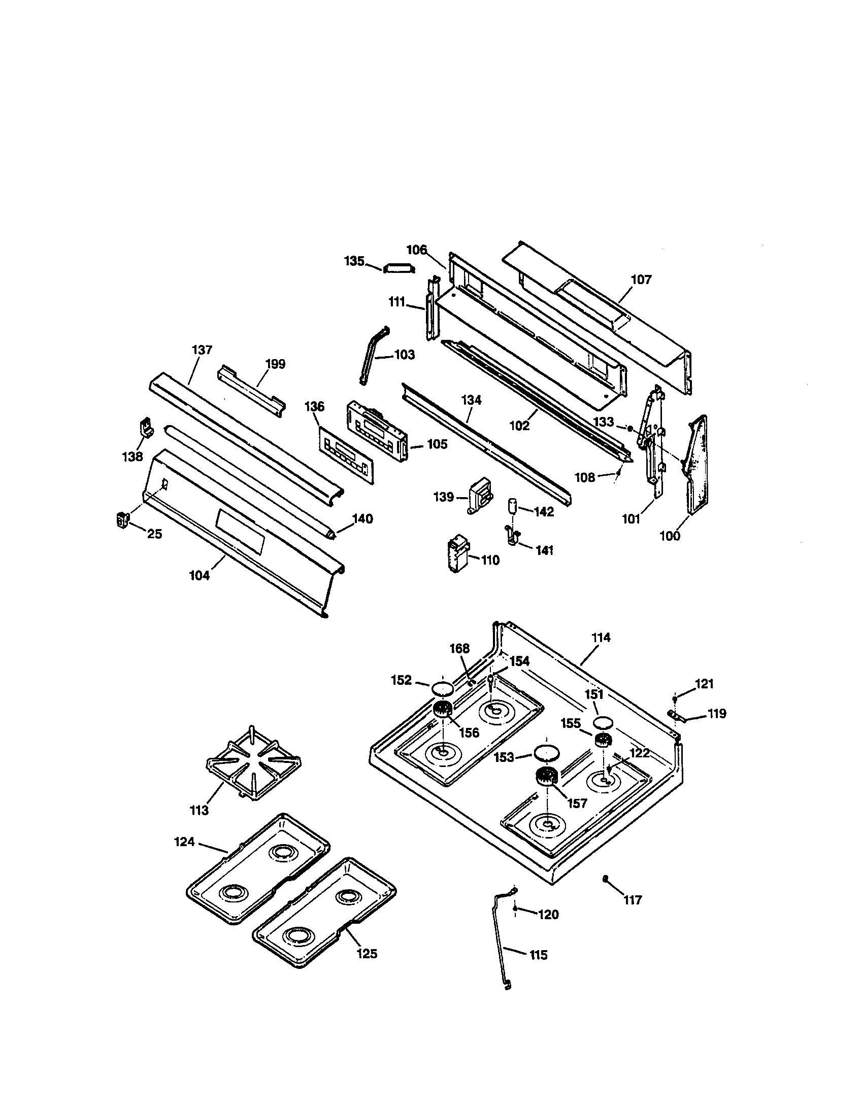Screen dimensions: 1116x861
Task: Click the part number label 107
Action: [641, 280]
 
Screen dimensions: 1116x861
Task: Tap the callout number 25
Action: [154, 534]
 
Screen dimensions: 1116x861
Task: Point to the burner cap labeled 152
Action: [443, 688]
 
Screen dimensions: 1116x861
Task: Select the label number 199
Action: [276, 364]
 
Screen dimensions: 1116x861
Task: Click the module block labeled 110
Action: [457, 553]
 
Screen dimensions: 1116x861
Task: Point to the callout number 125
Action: [367, 954]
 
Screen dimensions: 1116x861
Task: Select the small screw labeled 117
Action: [605, 878]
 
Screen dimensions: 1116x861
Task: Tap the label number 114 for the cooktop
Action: [601, 637]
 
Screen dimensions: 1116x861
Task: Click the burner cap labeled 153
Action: [545, 753]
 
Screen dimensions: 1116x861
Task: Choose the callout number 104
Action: [200, 575]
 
